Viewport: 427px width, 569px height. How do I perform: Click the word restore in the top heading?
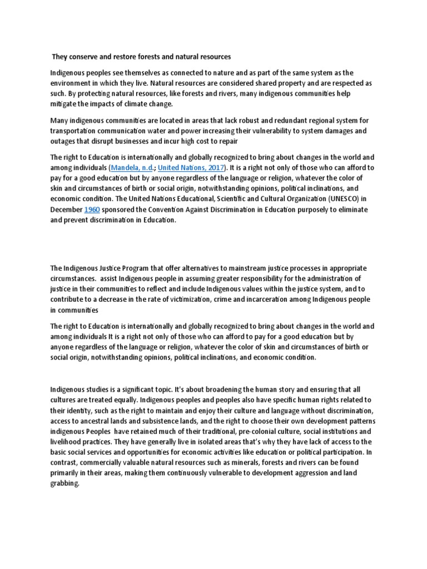coord(123,56)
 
